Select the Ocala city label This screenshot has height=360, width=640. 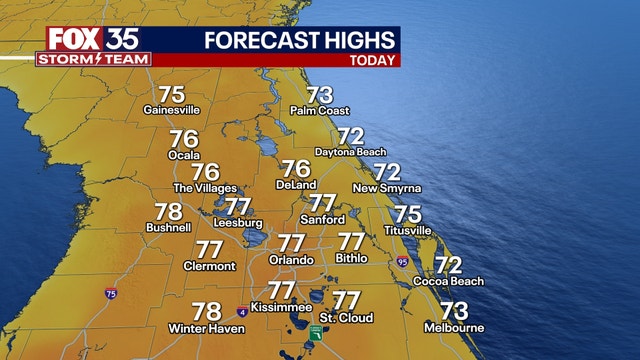[x=184, y=157]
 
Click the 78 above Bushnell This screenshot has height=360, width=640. [x=169, y=212]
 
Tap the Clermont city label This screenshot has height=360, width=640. [x=210, y=266]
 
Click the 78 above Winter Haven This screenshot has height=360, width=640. [x=206, y=311]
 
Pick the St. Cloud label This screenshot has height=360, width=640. [x=347, y=318]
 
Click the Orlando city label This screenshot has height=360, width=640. [x=291, y=260]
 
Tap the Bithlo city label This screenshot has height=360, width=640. [x=351, y=259]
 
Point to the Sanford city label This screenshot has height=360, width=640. [x=323, y=220]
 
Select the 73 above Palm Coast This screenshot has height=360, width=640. [x=319, y=95]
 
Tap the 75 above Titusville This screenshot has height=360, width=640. [x=407, y=213]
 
